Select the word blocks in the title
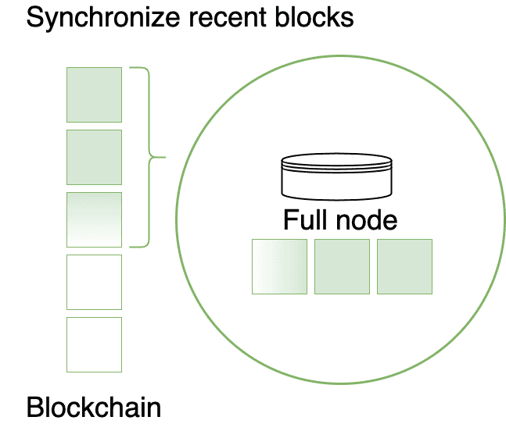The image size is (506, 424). tap(313, 17)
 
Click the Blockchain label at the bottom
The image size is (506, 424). tap(94, 407)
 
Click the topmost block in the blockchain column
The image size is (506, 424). tap(94, 94)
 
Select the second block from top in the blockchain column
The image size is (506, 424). tap(94, 157)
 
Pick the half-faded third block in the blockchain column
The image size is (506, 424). tap(94, 219)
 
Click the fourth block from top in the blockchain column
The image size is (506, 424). tap(94, 282)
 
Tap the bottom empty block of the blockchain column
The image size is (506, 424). tap(94, 344)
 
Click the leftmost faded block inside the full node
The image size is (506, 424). tap(279, 266)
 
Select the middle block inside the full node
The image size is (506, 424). tap(342, 266)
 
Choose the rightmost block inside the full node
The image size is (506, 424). tap(404, 266)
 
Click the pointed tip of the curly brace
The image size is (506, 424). tap(165, 158)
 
